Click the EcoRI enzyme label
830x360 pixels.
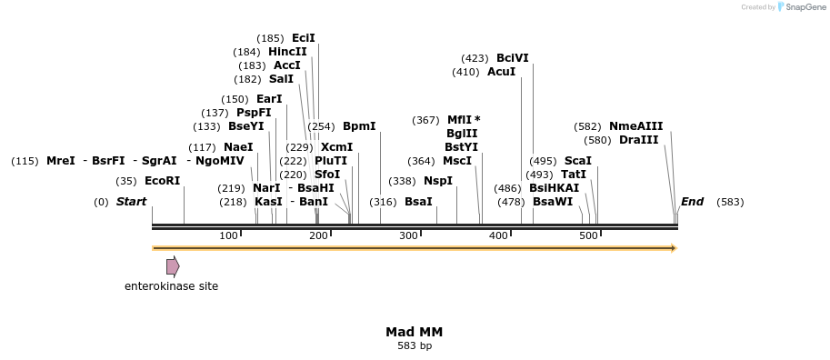163,181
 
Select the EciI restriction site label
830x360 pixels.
304,38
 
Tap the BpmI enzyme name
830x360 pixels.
359,126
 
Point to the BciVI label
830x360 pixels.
513,58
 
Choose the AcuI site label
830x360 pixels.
501,72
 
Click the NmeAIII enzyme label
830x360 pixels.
636,126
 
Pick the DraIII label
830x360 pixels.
638,140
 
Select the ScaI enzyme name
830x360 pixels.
578,161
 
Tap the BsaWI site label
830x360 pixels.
553,202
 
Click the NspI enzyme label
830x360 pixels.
438,181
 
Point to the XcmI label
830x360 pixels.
337,147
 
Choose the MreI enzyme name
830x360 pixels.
61,161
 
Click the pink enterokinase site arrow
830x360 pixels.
173,266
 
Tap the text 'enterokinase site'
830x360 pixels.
171,286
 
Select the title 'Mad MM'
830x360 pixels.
415,332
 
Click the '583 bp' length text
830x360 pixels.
415,345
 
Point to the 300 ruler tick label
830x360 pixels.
408,236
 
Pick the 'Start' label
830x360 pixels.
131,202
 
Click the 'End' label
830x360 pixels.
692,202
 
